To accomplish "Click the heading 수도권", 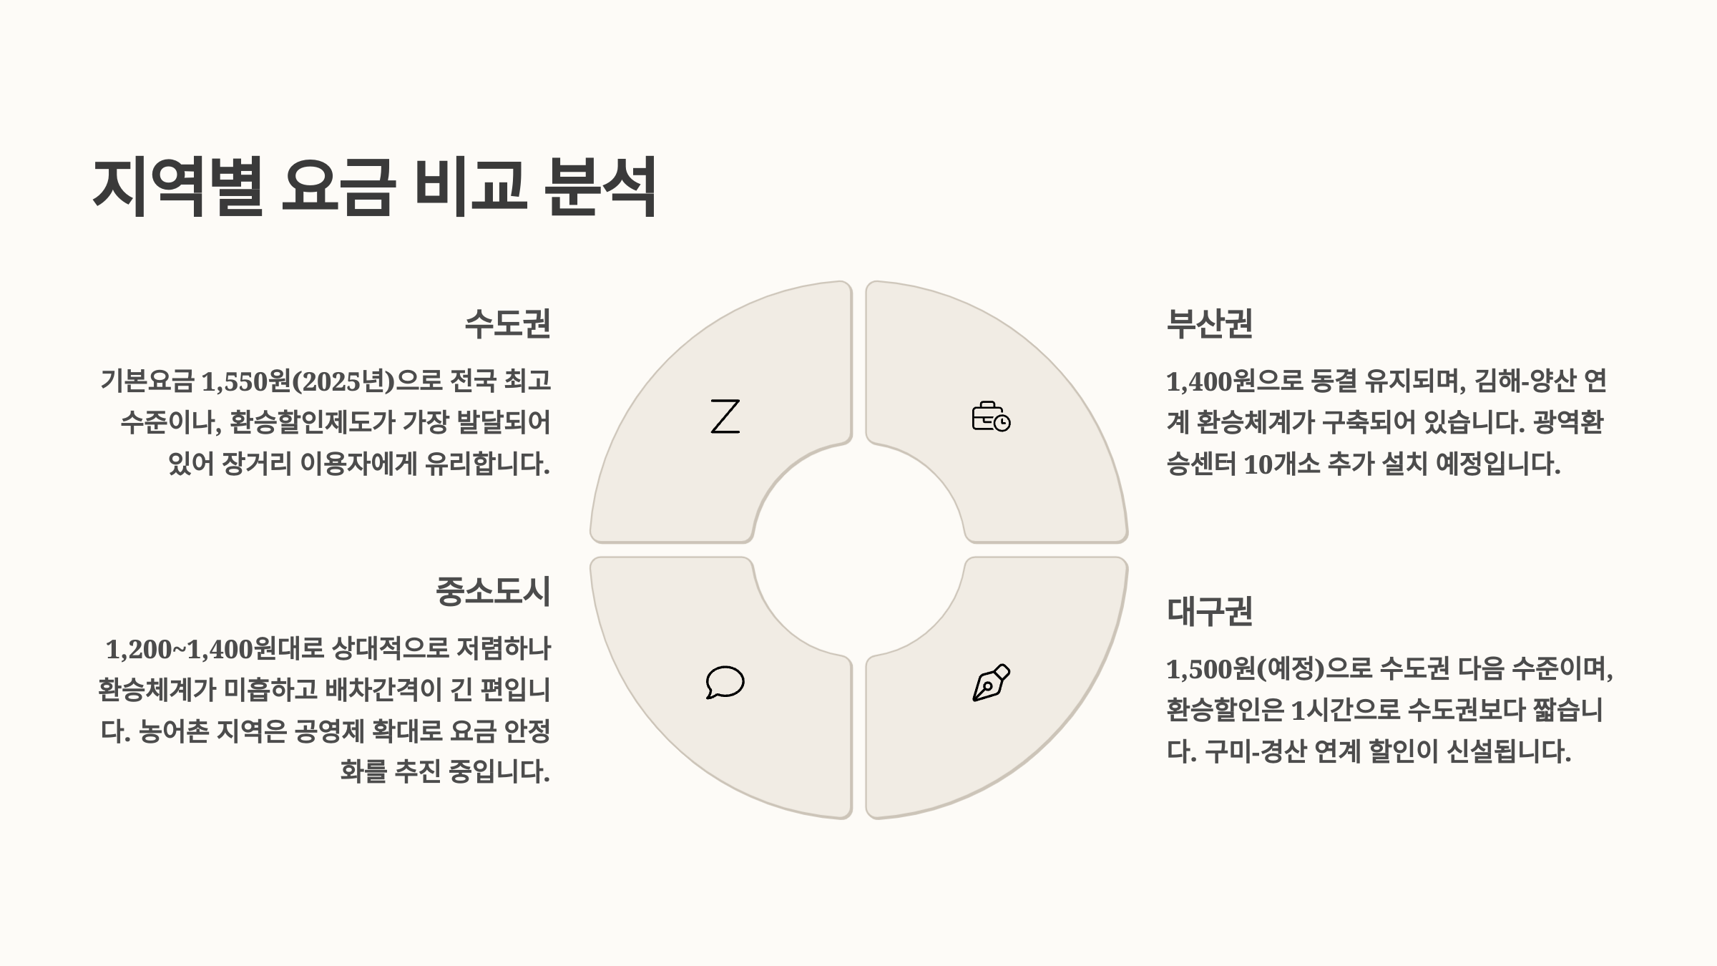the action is (507, 323).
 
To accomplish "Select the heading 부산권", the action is (1209, 323).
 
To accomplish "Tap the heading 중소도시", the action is (493, 592).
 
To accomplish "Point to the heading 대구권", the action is (1209, 612).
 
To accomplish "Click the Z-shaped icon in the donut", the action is (725, 416).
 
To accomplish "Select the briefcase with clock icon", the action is (991, 416).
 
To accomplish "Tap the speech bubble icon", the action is (725, 682).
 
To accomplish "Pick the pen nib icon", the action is (991, 682).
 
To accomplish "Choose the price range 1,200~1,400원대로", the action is (215, 649).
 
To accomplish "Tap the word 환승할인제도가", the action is (312, 423).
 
